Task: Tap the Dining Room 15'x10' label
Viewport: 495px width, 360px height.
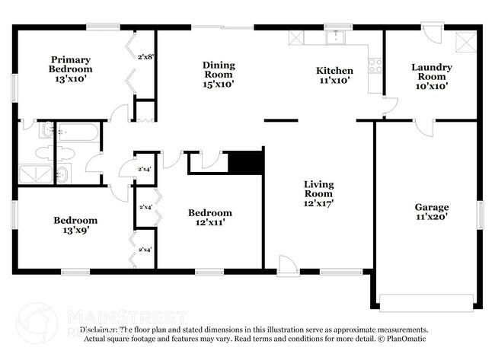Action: [219, 75]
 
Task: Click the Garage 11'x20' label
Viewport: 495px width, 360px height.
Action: [431, 212]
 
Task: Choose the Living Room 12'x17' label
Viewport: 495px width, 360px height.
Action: [320, 194]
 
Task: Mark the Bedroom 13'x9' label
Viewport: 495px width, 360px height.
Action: [75, 225]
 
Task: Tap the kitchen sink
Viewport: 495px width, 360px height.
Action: [335, 37]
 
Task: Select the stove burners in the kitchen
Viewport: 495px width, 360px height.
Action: [375, 65]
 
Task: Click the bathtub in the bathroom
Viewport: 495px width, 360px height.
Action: [77, 134]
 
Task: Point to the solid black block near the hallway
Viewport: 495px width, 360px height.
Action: [245, 162]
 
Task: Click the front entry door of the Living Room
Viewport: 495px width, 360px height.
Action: [288, 266]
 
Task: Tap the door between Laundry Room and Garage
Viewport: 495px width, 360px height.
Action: [423, 127]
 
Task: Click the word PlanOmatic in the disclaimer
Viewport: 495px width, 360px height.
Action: [407, 339]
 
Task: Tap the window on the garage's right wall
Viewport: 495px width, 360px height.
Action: [481, 215]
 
